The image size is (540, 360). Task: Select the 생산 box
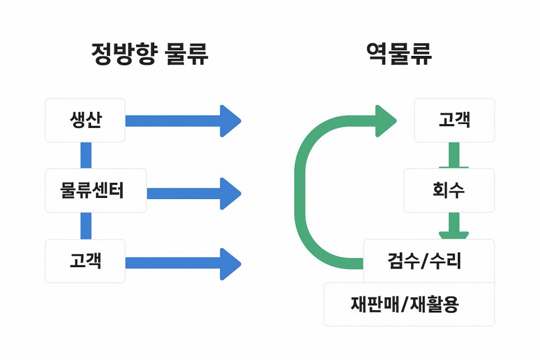(85, 120)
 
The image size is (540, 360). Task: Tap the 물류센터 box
(96, 191)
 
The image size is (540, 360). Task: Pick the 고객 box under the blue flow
(85, 261)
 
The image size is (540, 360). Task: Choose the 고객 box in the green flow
(454, 120)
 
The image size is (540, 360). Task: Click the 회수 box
(449, 191)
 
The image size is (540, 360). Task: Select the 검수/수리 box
(429, 261)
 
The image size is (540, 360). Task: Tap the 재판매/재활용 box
(409, 304)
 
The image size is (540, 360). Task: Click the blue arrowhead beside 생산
(229, 121)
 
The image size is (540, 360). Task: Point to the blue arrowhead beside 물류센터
(229, 193)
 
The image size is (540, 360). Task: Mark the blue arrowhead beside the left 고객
(229, 264)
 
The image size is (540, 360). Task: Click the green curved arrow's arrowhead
(385, 121)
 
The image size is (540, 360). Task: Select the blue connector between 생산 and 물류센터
(86, 155)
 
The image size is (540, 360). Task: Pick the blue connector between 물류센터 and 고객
(86, 226)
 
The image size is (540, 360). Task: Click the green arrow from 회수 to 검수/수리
(454, 226)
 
